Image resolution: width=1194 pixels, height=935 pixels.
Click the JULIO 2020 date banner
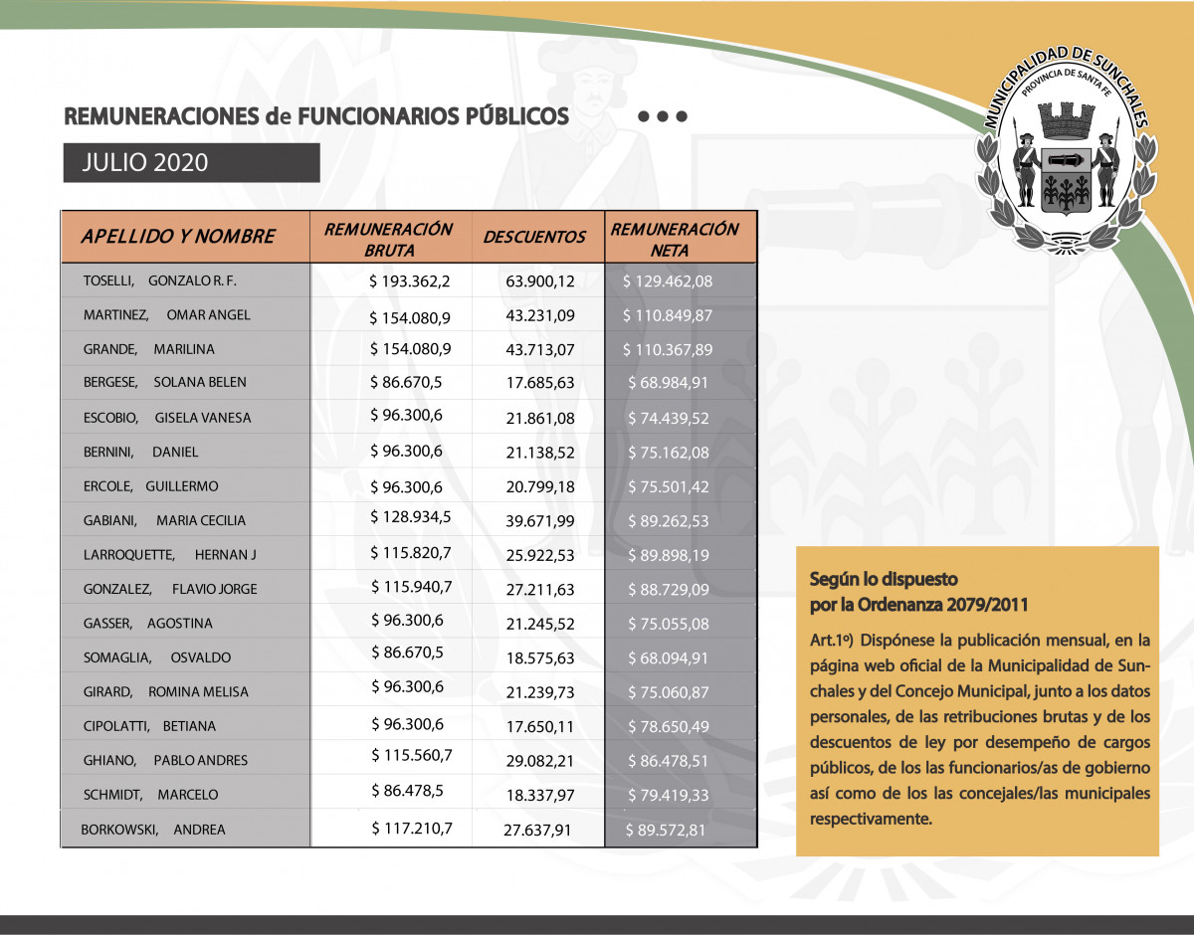191,163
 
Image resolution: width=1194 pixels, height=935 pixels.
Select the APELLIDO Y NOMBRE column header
177,237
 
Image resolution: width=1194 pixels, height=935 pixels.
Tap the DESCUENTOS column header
534,237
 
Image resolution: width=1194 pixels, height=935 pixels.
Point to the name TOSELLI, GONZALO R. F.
160,281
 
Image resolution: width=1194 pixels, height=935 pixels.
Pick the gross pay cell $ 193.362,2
409,281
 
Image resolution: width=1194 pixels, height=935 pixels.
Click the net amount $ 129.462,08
668,281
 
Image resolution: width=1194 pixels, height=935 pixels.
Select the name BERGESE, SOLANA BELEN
165,383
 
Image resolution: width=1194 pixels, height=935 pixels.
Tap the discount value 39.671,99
540,520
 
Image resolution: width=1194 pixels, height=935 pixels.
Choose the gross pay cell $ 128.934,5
411,517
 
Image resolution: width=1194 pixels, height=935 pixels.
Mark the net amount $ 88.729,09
668,590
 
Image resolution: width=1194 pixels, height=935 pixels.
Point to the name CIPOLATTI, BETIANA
150,726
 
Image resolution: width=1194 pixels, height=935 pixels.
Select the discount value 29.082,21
540,761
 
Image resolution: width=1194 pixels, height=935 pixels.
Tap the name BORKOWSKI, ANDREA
153,830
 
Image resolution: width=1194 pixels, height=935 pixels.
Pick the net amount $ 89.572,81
667,830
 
